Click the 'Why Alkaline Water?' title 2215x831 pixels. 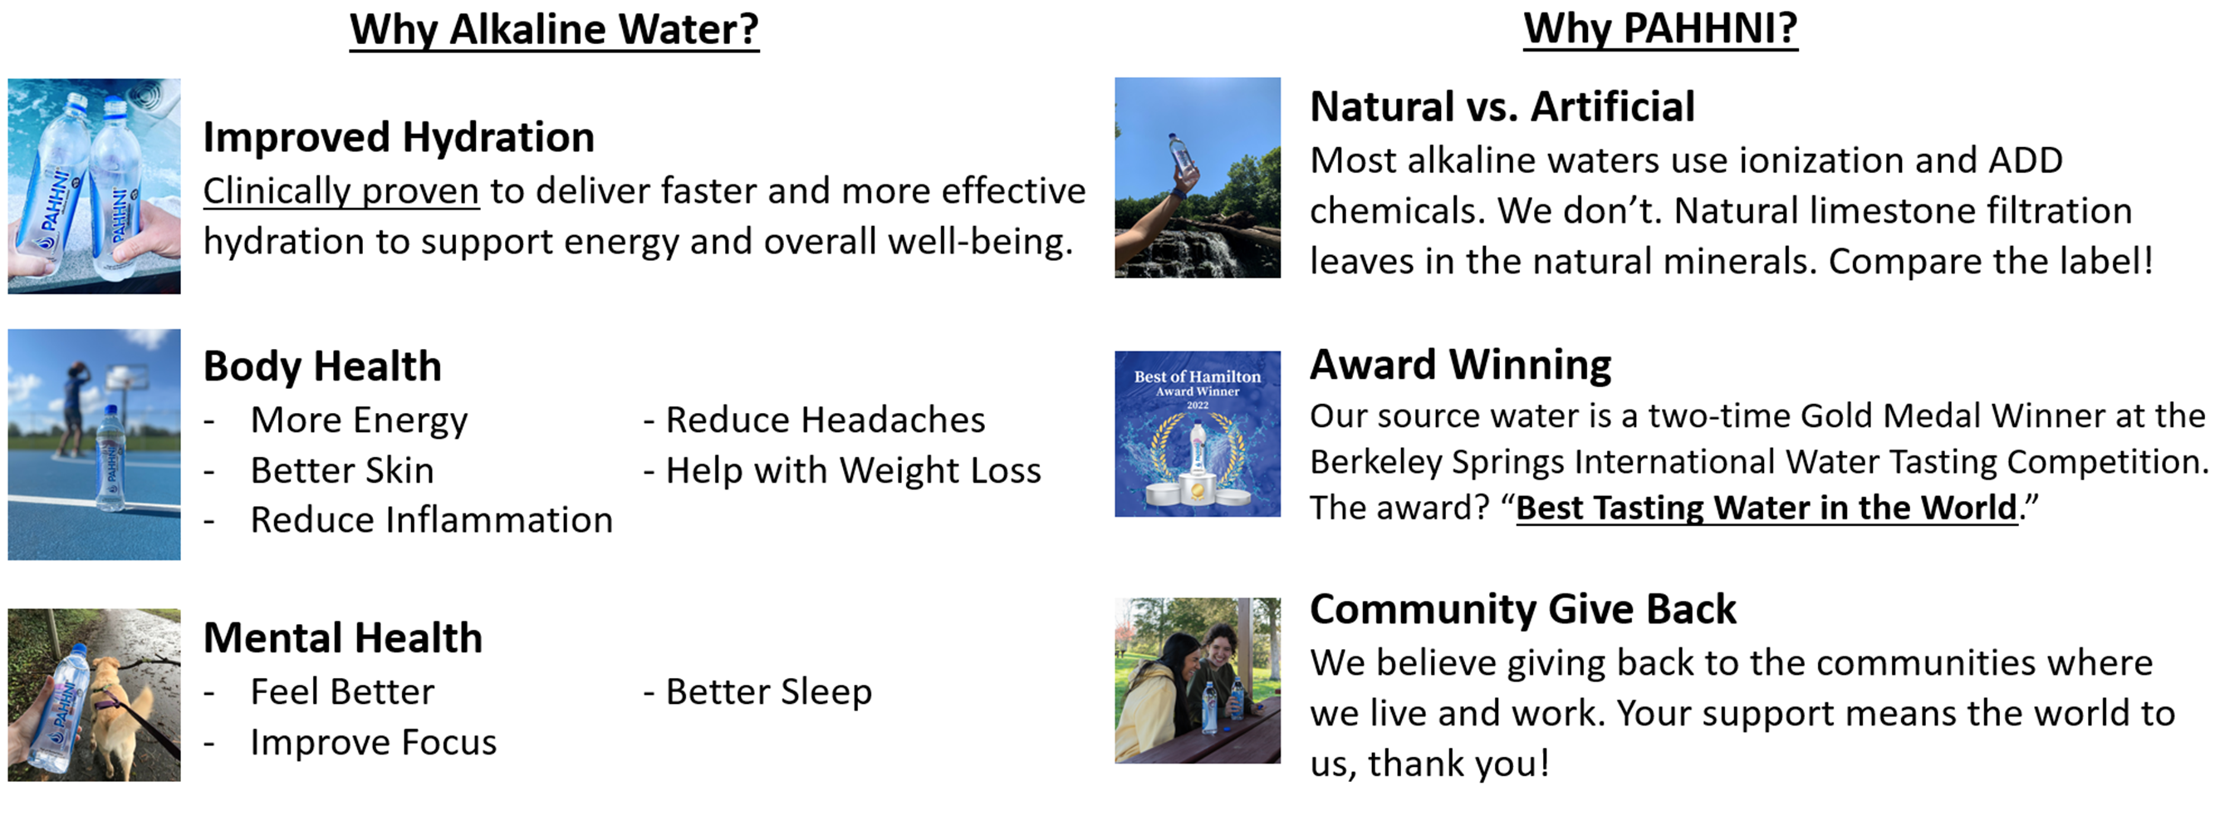tap(554, 29)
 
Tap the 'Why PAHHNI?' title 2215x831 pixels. tap(1660, 28)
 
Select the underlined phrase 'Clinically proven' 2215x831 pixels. tap(341, 191)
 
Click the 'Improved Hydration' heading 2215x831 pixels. tap(399, 137)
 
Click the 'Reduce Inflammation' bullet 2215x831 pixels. tap(431, 519)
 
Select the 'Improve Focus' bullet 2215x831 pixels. tap(373, 742)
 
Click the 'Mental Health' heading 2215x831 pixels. tap(342, 637)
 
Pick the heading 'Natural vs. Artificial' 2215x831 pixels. tap(1502, 106)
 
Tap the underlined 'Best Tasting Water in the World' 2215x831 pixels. tap(1767, 508)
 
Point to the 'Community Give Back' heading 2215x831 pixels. tap(1523, 609)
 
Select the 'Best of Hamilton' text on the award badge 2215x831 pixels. tap(1197, 376)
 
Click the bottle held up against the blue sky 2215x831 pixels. tap(1179, 156)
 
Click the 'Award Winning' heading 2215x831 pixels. tap(1460, 365)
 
